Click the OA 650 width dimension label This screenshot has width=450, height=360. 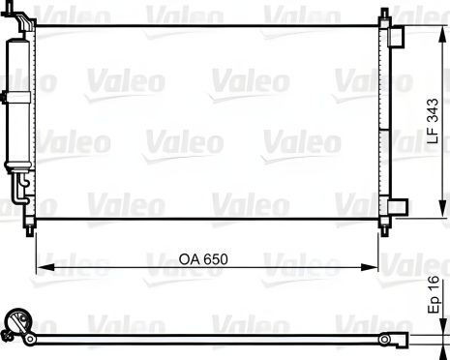click(x=204, y=258)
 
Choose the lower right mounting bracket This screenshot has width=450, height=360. click(x=395, y=206)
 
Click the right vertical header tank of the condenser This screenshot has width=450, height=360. click(x=381, y=121)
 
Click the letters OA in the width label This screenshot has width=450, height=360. click(x=189, y=258)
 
